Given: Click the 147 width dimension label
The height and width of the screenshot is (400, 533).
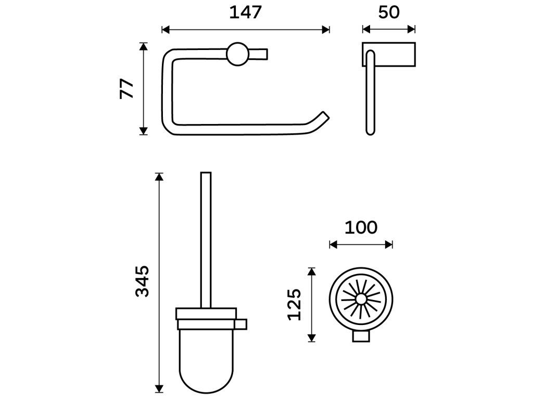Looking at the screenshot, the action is point(245,12).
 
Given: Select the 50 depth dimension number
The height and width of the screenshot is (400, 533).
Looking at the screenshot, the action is point(389,12).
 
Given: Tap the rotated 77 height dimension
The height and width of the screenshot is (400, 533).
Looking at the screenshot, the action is point(127,89).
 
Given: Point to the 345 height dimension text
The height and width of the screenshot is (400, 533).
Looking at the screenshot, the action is point(142,281).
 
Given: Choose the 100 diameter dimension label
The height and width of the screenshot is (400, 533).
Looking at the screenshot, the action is point(361,228).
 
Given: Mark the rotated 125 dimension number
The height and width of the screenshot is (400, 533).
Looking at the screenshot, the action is point(295,305).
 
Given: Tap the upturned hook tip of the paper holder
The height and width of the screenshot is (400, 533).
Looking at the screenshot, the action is point(324,117).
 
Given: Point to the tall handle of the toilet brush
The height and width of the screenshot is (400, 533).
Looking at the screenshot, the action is point(205,240).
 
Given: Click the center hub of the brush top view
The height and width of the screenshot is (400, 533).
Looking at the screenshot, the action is point(360,299).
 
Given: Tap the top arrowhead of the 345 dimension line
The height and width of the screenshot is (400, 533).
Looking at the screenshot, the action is point(160,177).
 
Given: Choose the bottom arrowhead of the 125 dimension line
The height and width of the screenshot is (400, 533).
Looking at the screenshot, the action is point(311,338).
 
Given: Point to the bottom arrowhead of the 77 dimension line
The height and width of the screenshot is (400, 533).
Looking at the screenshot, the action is point(144,131).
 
